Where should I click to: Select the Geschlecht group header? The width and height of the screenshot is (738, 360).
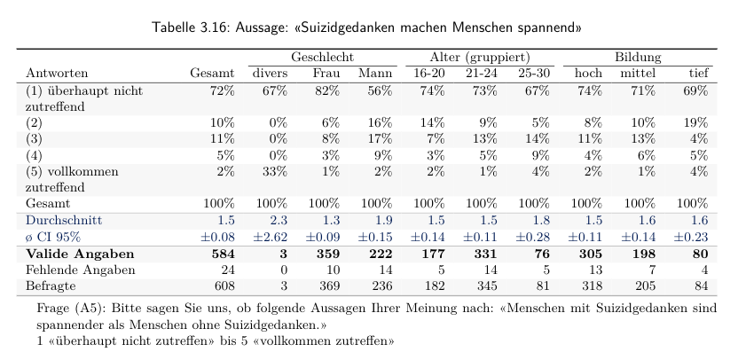click(x=322, y=58)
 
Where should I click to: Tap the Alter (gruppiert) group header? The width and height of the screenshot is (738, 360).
click(x=480, y=58)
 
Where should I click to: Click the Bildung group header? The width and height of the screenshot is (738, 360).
click(x=638, y=58)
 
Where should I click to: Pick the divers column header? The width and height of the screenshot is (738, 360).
click(x=271, y=74)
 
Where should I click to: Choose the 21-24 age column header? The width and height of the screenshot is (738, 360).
click(x=482, y=74)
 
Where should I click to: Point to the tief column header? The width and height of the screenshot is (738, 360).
click(x=698, y=74)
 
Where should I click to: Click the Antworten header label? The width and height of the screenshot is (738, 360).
click(x=57, y=74)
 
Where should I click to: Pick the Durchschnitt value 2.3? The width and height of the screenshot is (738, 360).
click(x=279, y=220)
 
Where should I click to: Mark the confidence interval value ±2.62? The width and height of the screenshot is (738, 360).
click(x=271, y=237)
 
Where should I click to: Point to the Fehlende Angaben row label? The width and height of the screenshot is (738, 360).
click(x=81, y=270)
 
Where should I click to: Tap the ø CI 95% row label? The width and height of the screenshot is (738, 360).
click(x=56, y=237)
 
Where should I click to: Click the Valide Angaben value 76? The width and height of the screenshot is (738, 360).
click(x=542, y=254)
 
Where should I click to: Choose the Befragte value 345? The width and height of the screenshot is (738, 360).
click(x=488, y=286)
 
